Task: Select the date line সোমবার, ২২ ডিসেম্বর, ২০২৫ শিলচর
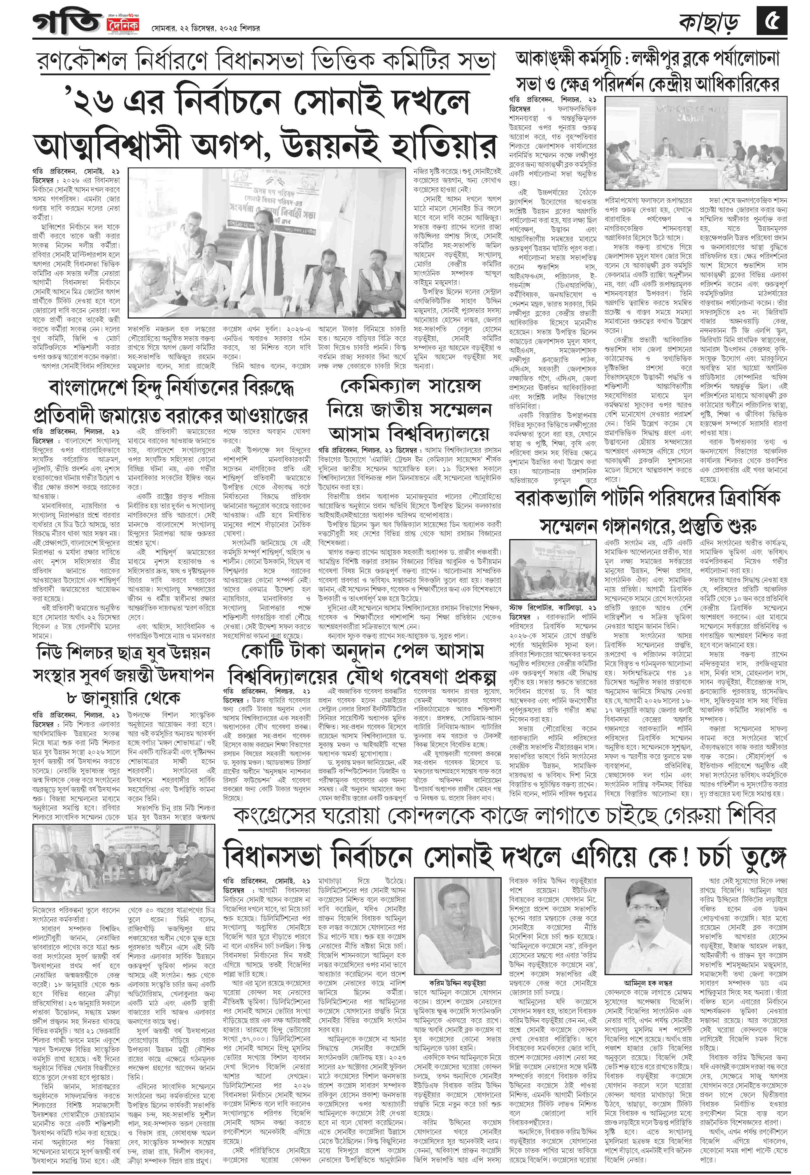click(205, 29)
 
